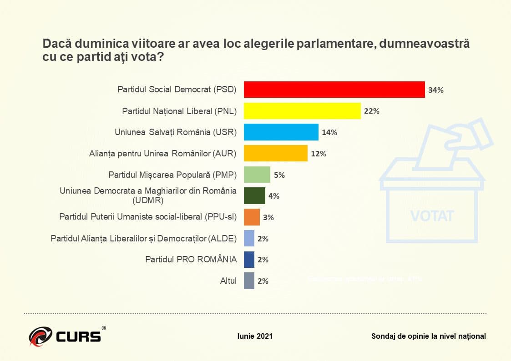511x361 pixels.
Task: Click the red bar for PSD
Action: [x=334, y=90]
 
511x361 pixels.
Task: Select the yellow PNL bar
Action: [x=302, y=111]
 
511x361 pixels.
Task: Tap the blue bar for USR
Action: [x=281, y=132]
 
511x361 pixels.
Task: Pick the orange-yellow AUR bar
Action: [x=276, y=153]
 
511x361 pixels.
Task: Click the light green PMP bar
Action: [x=257, y=175]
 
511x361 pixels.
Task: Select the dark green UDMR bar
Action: [x=254, y=196]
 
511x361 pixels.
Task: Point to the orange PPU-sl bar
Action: [x=252, y=217]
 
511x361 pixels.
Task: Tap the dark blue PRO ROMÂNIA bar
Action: [x=249, y=260]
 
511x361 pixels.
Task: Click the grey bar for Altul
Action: [x=249, y=281]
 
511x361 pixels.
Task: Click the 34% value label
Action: [x=435, y=90]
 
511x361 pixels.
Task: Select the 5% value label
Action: [x=279, y=175]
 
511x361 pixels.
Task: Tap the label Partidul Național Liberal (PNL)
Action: [x=179, y=111]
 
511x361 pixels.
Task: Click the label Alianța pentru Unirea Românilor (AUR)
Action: [x=162, y=153]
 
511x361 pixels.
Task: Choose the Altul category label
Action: [x=228, y=281]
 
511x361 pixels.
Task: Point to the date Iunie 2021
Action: [x=255, y=336]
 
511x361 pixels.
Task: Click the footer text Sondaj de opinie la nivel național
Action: [x=428, y=336]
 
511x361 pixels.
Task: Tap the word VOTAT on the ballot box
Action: [x=432, y=216]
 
